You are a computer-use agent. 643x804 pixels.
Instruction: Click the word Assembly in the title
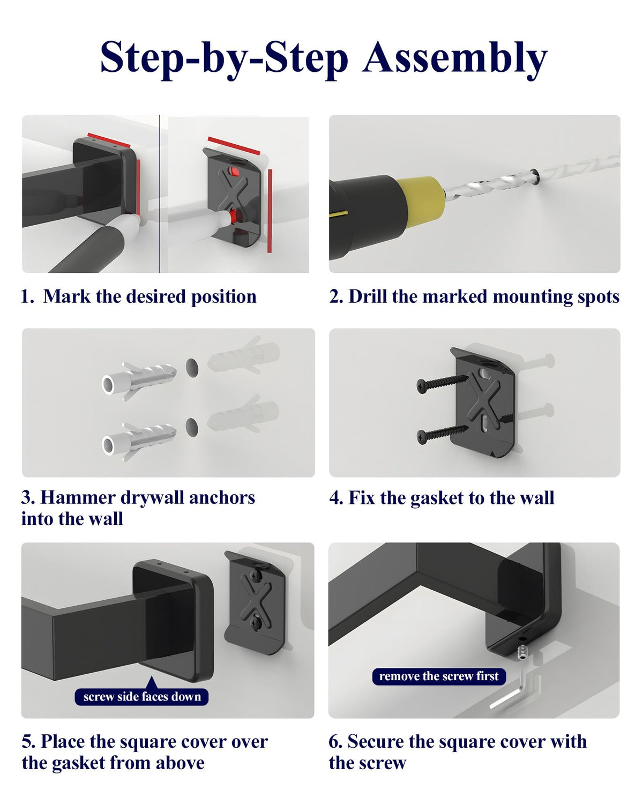[455, 59]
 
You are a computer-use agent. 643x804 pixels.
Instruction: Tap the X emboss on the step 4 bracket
[484, 405]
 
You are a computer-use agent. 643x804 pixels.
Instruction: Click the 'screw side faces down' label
[141, 697]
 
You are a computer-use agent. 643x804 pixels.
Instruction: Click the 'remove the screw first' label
[439, 676]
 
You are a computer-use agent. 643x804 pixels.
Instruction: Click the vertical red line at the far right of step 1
[270, 211]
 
